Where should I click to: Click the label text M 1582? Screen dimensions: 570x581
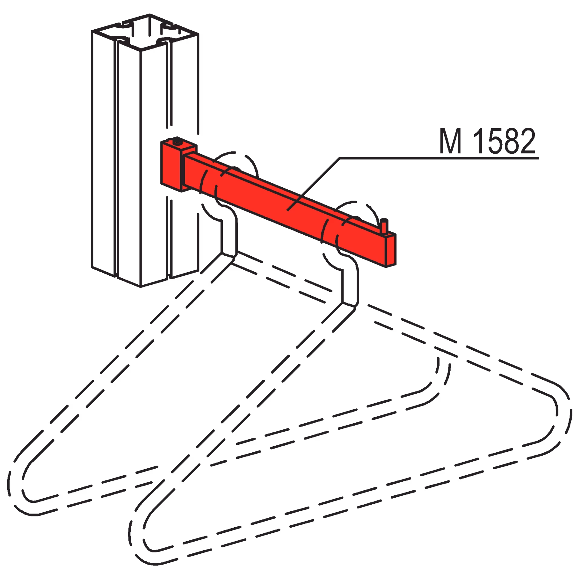pyautogui.click(x=487, y=141)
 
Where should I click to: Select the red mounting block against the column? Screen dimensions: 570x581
pyautogui.click(x=172, y=165)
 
